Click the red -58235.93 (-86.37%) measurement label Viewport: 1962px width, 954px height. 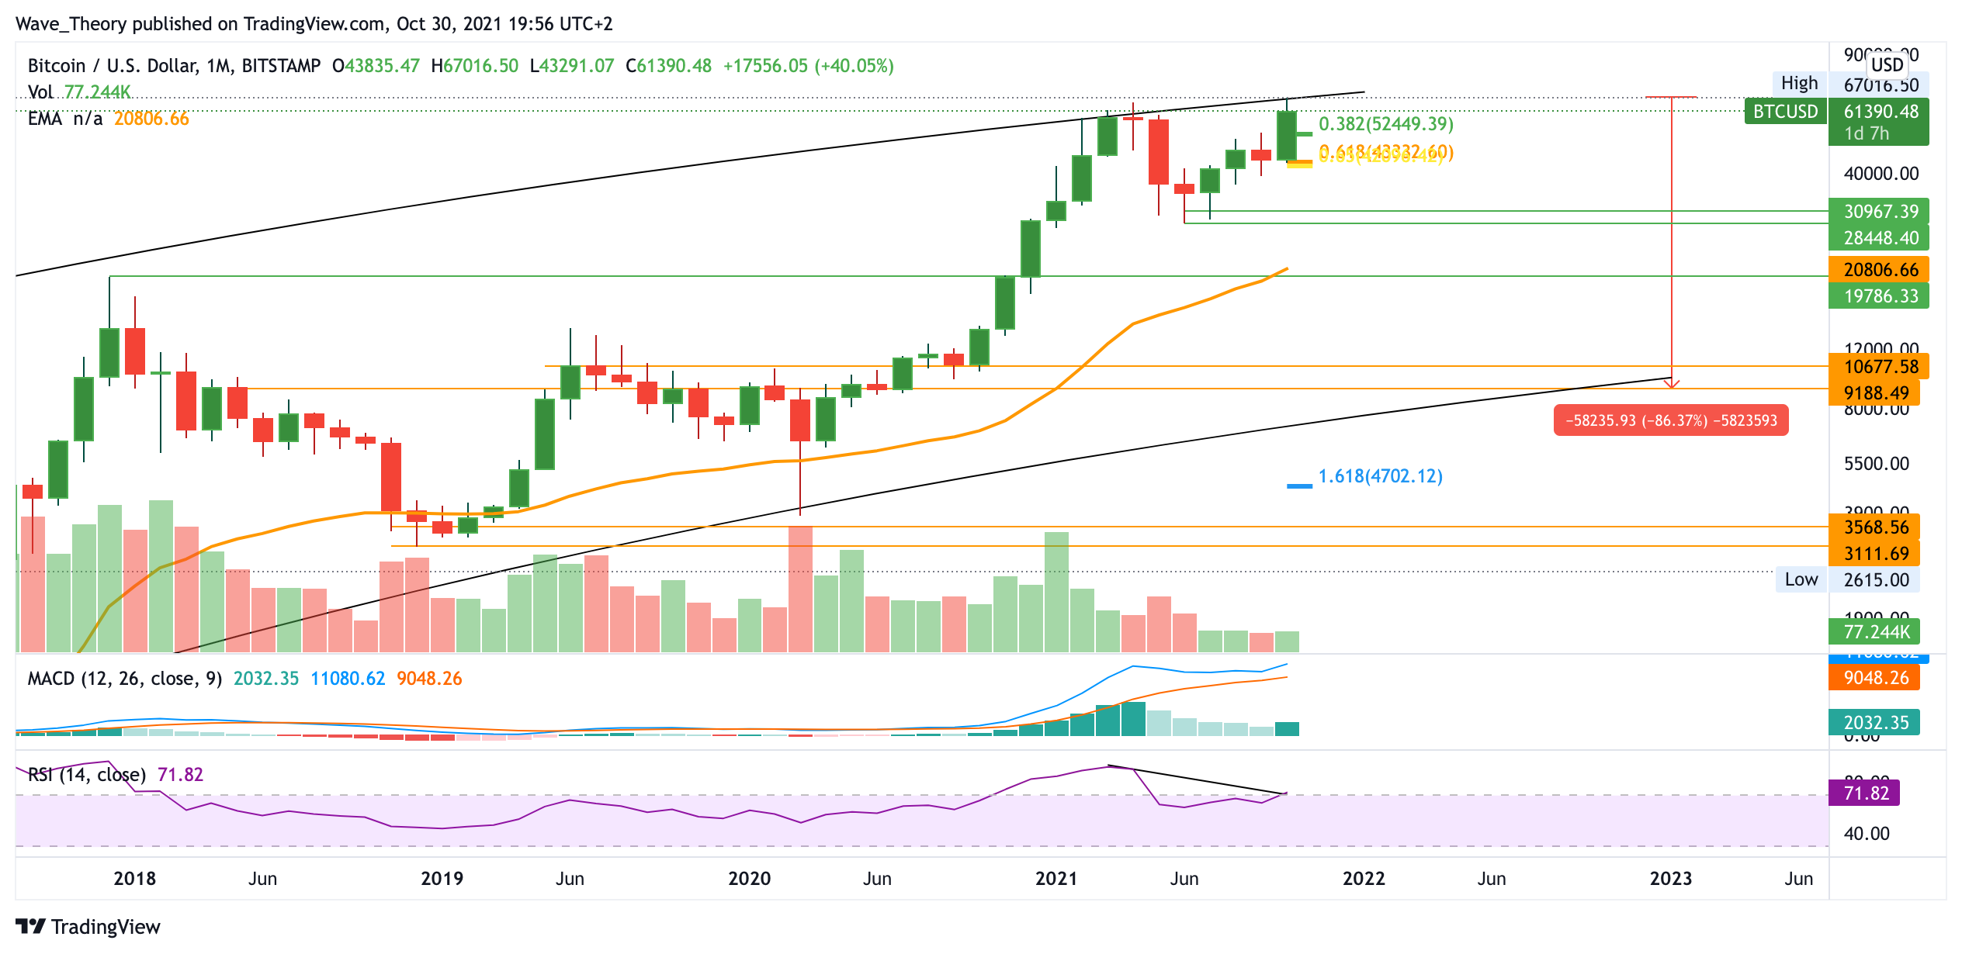pyautogui.click(x=1670, y=420)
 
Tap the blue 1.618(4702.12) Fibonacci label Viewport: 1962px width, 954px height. pyautogui.click(x=1380, y=476)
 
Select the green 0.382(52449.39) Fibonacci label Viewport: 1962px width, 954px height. pyautogui.click(x=1385, y=124)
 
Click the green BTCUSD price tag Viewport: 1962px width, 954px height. pyautogui.click(x=1784, y=112)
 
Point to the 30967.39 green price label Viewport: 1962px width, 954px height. pyautogui.click(x=1880, y=211)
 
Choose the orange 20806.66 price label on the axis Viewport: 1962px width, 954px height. pyautogui.click(x=1880, y=270)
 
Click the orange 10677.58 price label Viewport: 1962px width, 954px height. pyautogui.click(x=1880, y=367)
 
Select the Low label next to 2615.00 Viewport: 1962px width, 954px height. pyautogui.click(x=1801, y=579)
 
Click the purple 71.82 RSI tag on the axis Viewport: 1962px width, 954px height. pyautogui.click(x=1865, y=793)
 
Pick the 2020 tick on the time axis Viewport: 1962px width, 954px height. pyautogui.click(x=749, y=879)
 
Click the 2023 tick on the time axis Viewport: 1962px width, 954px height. pyautogui.click(x=1670, y=879)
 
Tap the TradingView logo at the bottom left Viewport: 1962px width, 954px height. pyautogui.click(x=88, y=927)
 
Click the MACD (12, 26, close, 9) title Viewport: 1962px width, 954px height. pyautogui.click(x=125, y=679)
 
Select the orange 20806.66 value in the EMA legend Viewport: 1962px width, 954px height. pyautogui.click(x=151, y=119)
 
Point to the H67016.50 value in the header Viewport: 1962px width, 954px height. pyautogui.click(x=474, y=66)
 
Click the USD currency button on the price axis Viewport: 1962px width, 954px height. pyautogui.click(x=1887, y=64)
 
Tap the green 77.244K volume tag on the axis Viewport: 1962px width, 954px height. pyautogui.click(x=1875, y=631)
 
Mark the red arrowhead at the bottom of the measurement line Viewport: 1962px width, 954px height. pyautogui.click(x=1672, y=384)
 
